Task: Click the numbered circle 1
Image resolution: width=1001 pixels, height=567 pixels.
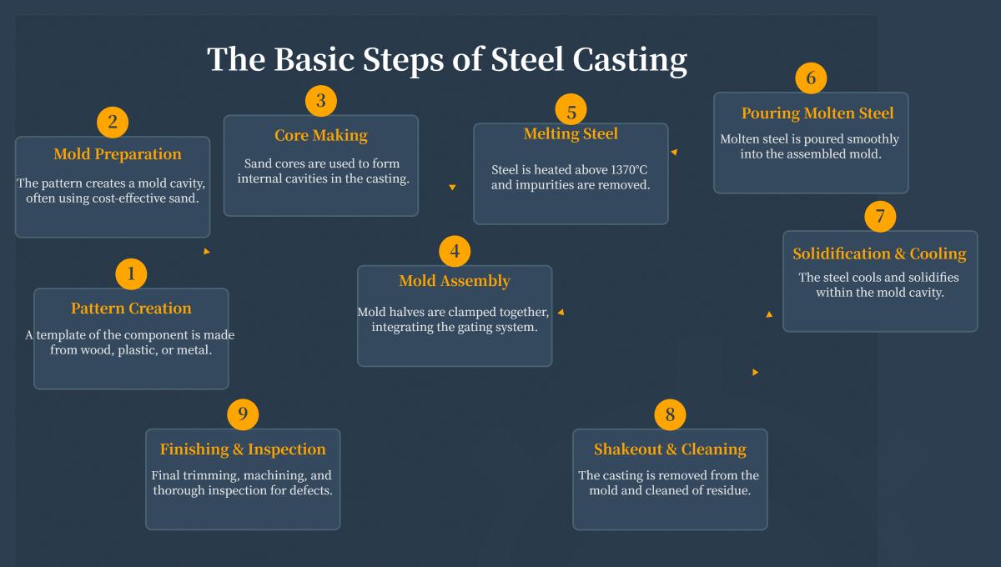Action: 131,273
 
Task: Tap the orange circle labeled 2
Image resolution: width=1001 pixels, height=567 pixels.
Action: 113,123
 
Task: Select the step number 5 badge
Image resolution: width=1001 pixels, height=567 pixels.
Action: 571,110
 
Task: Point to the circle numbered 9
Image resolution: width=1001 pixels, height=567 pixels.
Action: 243,414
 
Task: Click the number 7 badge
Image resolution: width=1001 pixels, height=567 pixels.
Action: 880,216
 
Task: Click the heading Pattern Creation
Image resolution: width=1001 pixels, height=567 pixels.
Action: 131,309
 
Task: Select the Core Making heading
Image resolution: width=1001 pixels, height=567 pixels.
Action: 320,135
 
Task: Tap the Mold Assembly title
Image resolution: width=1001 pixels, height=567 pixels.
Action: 454,281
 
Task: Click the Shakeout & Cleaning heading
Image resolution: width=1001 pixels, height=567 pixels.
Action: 670,449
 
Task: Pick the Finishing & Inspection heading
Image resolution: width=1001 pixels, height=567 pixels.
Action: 243,449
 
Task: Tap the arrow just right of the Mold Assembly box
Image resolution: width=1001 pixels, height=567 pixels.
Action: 561,313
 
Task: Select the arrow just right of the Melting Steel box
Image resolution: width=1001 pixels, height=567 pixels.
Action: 674,153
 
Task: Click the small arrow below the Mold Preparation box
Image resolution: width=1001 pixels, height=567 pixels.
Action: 207,251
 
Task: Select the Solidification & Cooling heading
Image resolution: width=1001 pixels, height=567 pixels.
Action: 879,254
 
